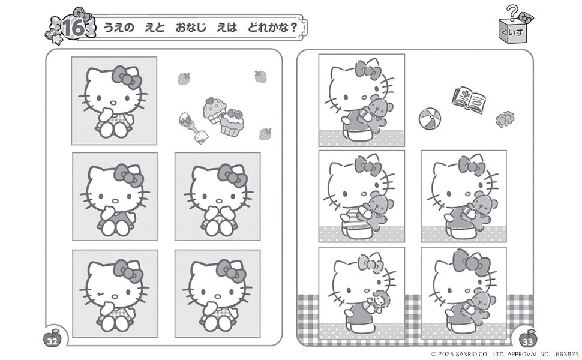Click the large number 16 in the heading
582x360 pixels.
pos(73,28)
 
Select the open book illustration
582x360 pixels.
pos(469,100)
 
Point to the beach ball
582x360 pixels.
pos(430,118)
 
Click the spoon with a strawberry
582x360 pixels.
pos(193,128)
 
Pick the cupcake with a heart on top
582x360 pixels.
pos(214,110)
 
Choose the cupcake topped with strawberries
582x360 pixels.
pos(232,122)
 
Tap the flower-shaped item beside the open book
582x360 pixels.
pos(505,119)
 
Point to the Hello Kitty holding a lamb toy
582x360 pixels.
pos(362,292)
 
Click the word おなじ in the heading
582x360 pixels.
pos(190,28)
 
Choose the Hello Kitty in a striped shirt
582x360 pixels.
pos(362,196)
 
